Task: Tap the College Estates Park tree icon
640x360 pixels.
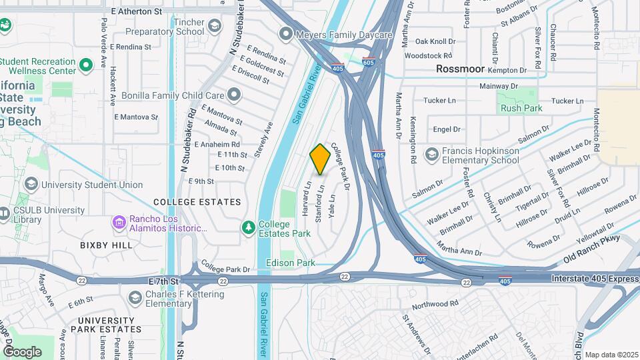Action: tap(249, 228)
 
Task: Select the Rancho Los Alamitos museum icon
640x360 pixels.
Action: tap(119, 222)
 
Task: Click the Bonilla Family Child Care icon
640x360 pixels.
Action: tap(234, 96)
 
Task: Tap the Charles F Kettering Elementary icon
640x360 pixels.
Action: tap(135, 296)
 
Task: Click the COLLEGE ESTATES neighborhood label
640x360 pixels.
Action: tap(197, 202)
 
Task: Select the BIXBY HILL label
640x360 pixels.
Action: tap(107, 245)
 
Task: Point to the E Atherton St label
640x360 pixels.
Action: tap(136, 11)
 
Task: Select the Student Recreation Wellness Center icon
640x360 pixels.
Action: tap(85, 65)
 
